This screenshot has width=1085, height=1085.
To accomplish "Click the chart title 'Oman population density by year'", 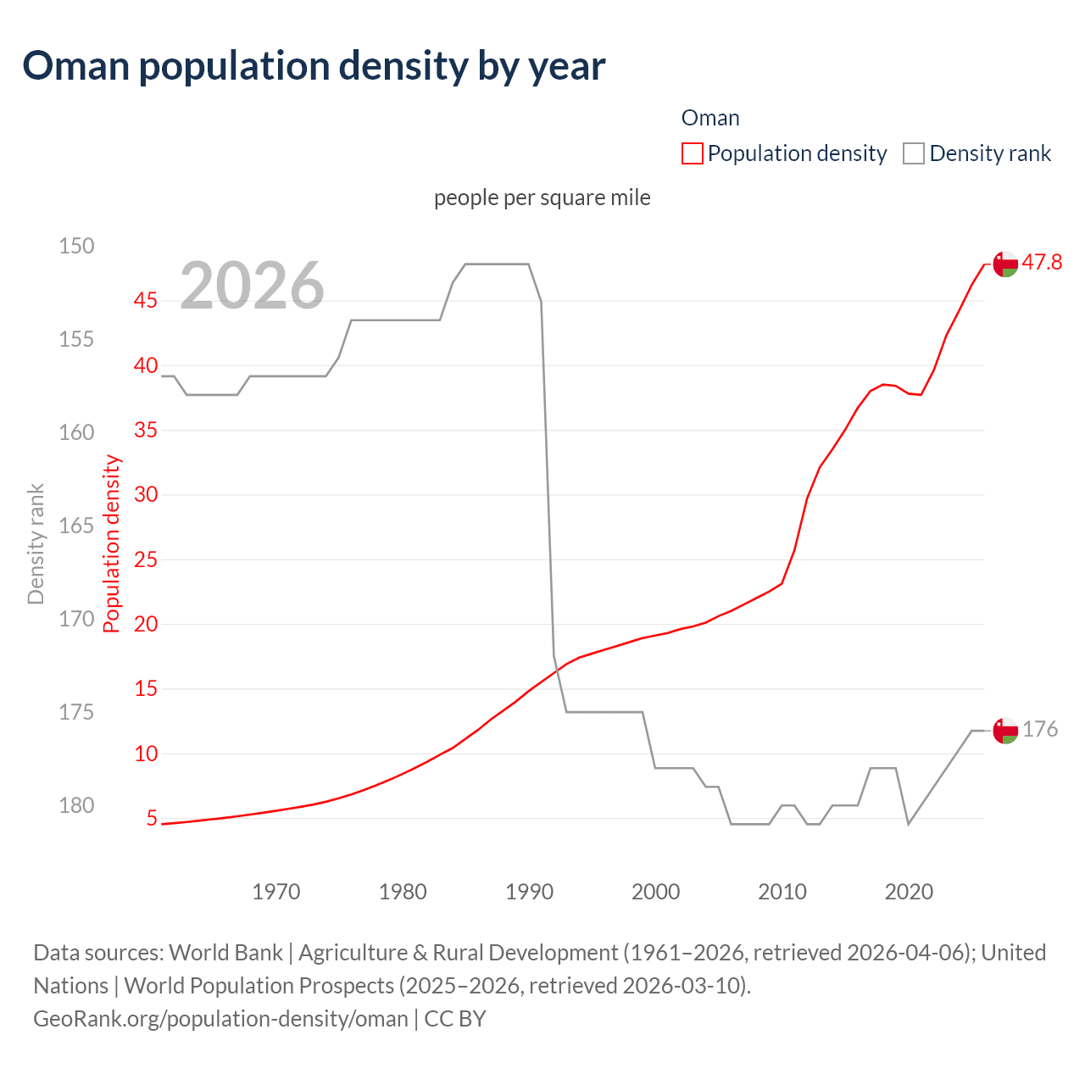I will [314, 66].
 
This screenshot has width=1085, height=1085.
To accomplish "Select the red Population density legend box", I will [693, 153].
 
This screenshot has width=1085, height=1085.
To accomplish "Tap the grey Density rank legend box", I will [913, 153].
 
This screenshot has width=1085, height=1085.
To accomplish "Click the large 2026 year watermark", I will [252, 286].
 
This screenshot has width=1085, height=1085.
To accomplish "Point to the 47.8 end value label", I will [1042, 263].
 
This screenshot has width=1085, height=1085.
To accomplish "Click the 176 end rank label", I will [1040, 730].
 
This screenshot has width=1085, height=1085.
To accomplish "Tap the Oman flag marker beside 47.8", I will [1005, 264].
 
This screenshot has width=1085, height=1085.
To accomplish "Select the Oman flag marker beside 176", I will [1005, 731].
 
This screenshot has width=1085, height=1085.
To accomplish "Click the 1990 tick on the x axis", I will [529, 892].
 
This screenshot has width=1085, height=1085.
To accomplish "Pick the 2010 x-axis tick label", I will [782, 892].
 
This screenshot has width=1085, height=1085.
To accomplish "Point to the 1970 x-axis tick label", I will [276, 892].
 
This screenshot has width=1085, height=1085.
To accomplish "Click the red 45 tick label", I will [146, 300].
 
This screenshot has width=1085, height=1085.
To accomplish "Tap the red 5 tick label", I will [152, 818].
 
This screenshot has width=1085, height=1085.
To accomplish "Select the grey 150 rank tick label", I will [76, 246].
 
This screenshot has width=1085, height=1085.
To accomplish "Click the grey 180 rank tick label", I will [76, 805].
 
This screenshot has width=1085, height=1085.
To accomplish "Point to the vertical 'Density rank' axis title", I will [36, 544].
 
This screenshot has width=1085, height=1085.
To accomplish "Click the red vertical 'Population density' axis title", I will [112, 544].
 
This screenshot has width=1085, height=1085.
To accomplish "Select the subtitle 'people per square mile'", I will [542, 198].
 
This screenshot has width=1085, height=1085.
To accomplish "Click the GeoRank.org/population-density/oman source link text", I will [220, 1018].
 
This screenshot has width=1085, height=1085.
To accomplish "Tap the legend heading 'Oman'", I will [710, 118].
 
